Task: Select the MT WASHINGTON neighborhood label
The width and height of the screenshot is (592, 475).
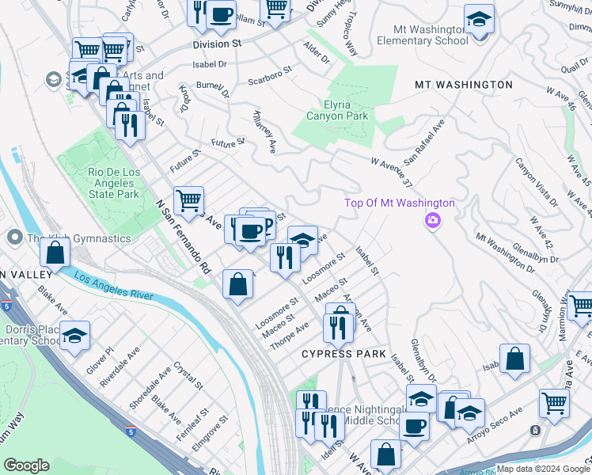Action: pos(464,84)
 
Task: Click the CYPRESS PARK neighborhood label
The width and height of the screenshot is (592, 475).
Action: pos(343,354)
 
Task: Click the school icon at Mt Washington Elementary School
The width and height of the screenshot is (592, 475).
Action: pos(479,18)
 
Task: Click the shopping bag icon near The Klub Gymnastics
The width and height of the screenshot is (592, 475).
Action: pos(55,253)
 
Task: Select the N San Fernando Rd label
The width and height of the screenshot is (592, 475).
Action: pos(184,236)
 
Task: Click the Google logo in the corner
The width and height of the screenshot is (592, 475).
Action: pos(27,465)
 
